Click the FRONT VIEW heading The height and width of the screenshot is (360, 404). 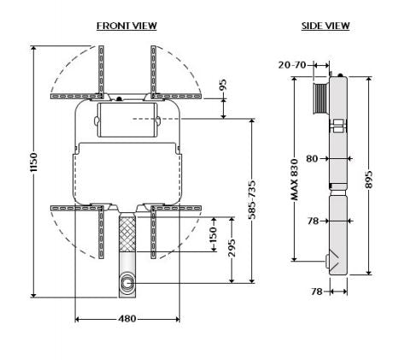click(x=126, y=27)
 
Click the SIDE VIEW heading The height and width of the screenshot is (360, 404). click(x=325, y=27)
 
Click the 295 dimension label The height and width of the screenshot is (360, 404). click(x=231, y=248)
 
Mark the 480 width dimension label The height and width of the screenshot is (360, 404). click(x=126, y=320)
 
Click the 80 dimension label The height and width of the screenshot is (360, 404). click(x=312, y=157)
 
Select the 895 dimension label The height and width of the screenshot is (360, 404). click(x=369, y=175)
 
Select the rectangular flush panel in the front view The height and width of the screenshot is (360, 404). click(x=126, y=120)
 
